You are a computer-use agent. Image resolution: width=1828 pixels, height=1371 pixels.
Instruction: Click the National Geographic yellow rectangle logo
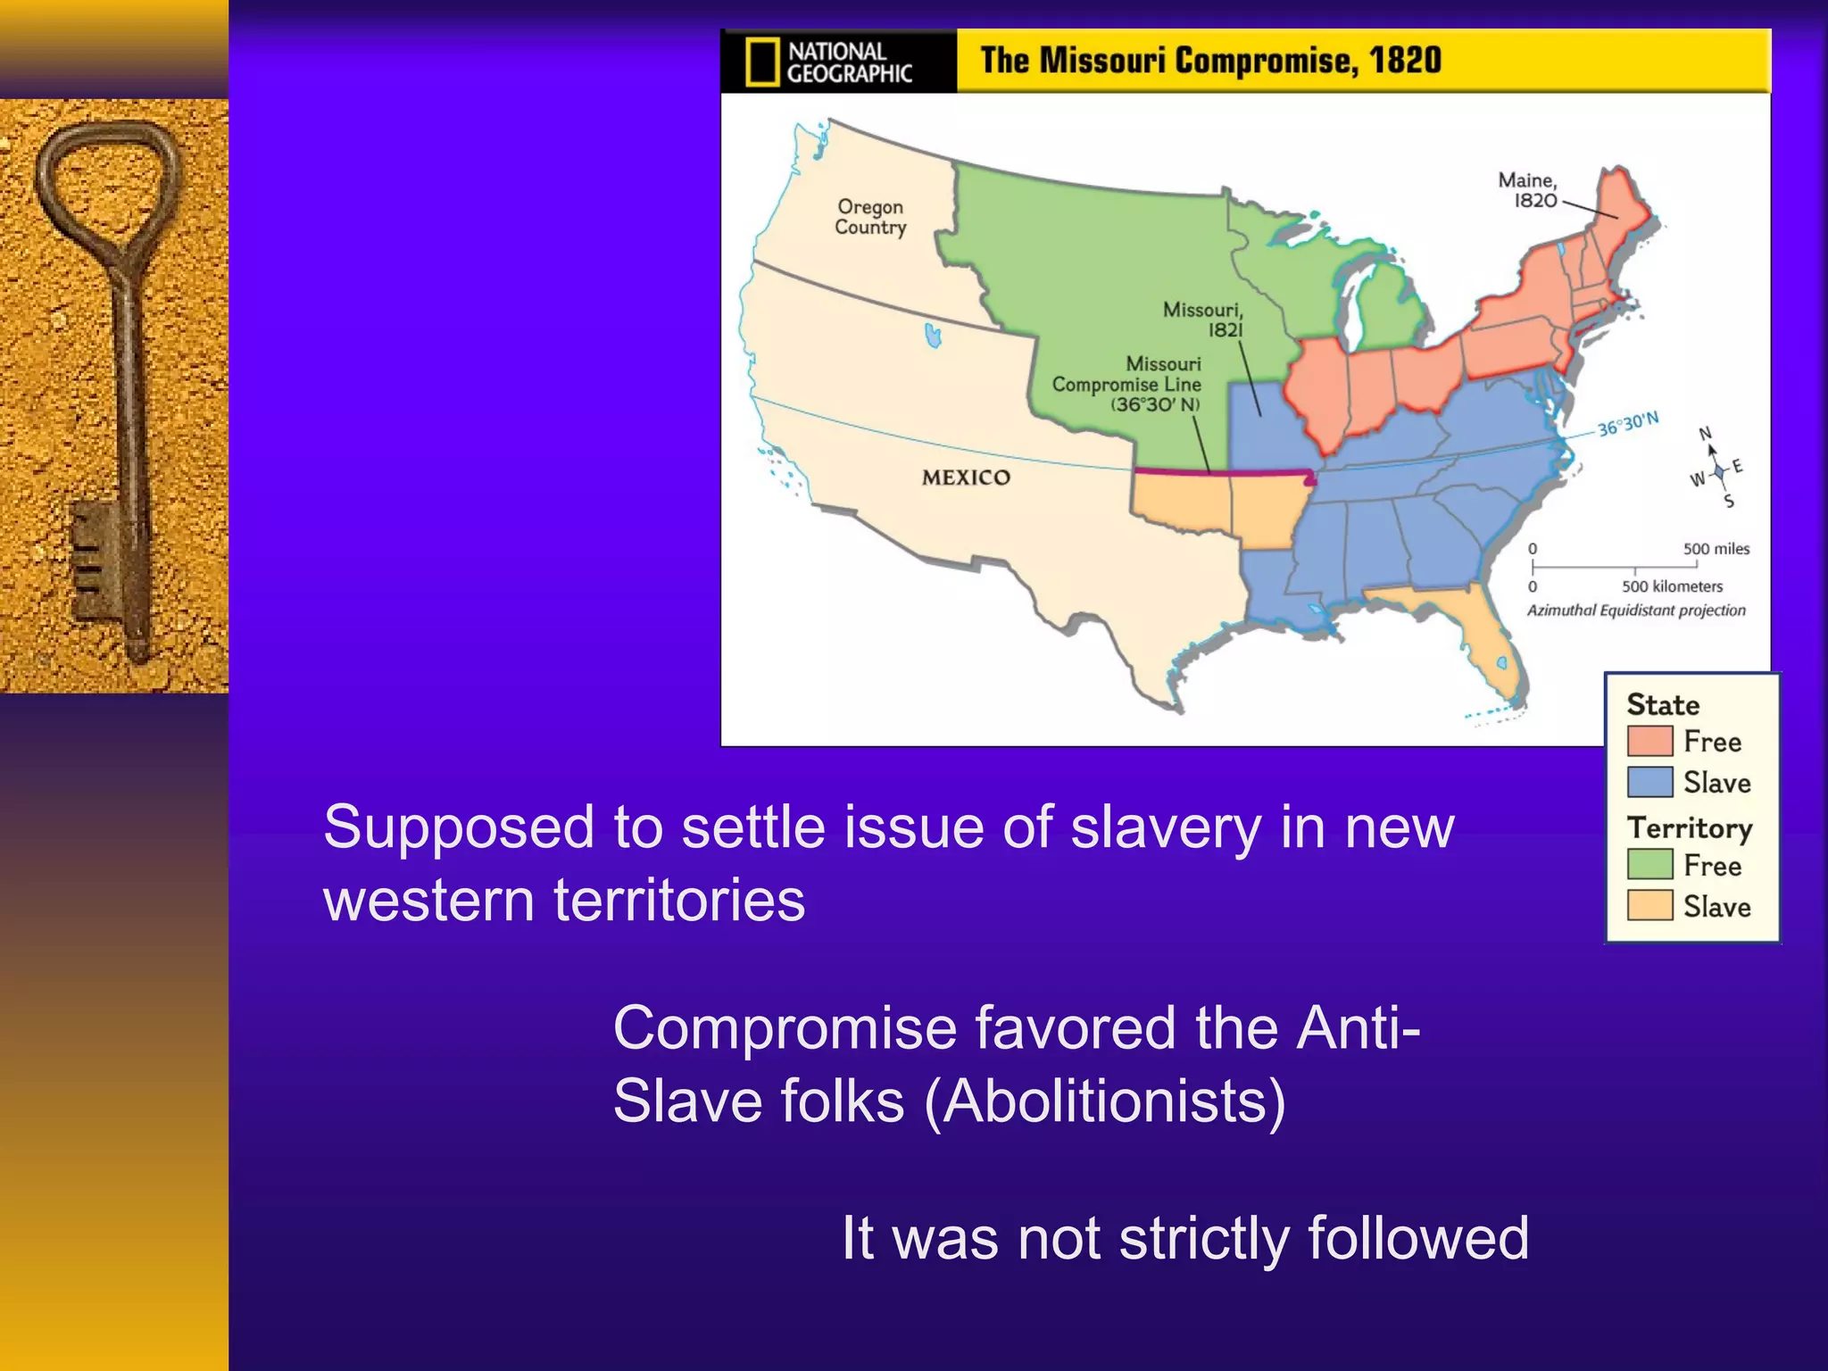pos(761,62)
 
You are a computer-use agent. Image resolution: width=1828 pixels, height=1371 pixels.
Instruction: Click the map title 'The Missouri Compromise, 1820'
pos(1210,61)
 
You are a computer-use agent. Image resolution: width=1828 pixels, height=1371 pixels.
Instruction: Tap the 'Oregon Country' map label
pos(870,217)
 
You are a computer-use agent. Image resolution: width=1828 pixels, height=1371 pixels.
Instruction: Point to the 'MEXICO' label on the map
pos(966,478)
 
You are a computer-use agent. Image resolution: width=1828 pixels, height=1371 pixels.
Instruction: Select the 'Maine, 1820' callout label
pos(1527,190)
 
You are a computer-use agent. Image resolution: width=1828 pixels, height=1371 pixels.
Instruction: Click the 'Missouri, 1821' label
pos(1202,320)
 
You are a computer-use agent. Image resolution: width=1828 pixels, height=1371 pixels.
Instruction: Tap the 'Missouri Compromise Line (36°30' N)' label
pos(1126,384)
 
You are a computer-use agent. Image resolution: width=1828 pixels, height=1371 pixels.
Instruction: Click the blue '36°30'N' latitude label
pos(1627,424)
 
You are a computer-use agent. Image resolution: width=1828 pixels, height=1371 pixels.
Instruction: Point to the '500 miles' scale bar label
pos(1716,549)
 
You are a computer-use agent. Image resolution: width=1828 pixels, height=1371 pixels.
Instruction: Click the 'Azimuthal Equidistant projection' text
pos(1635,611)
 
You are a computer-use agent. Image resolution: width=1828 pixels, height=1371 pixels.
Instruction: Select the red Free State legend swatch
pos(1649,741)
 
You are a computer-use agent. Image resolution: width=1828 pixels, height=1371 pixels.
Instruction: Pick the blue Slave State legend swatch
pos(1649,782)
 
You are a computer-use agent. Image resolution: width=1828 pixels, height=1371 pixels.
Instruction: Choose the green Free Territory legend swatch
pos(1649,864)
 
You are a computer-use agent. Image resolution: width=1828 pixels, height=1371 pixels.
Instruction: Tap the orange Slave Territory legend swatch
pos(1649,905)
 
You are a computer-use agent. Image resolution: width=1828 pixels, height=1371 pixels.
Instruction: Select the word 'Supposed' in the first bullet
pos(458,827)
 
